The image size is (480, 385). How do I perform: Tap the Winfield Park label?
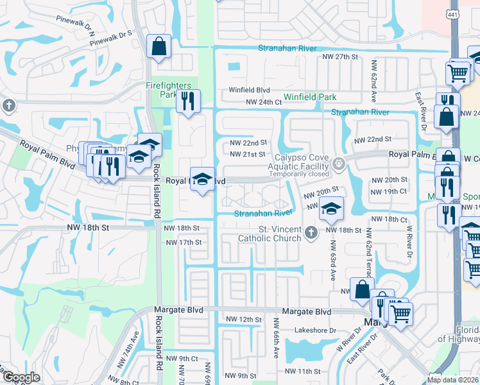click(310, 98)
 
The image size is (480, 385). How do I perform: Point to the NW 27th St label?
click(340, 57)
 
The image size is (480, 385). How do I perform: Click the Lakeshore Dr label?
click(315, 330)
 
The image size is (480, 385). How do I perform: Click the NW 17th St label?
click(184, 243)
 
